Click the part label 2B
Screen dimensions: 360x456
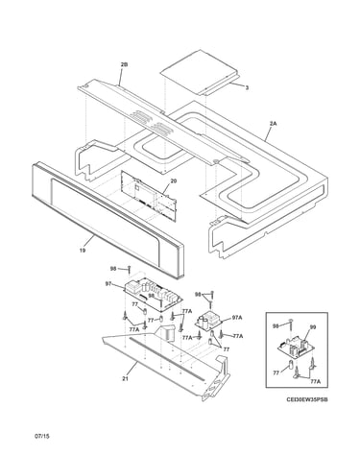coord(124,64)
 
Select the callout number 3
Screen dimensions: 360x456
coord(247,87)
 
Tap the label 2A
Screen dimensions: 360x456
coord(273,123)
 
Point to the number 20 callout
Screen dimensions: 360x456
coord(174,180)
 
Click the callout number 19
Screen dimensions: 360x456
coord(83,251)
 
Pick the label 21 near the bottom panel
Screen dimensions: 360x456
coord(125,379)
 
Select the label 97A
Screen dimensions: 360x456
coord(237,318)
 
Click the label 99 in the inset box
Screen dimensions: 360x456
coord(313,327)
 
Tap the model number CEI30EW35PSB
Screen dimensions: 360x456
coord(307,399)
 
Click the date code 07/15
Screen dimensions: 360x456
coord(42,436)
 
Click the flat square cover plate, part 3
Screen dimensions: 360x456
coord(200,72)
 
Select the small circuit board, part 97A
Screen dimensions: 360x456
coord(209,320)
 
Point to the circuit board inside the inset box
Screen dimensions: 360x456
coord(295,348)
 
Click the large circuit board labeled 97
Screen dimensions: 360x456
coord(153,295)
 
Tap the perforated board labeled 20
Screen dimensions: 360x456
coord(148,195)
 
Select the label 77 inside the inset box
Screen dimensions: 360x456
coord(276,372)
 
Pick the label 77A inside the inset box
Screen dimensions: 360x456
coord(315,382)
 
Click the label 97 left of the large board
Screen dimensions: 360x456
coord(108,283)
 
